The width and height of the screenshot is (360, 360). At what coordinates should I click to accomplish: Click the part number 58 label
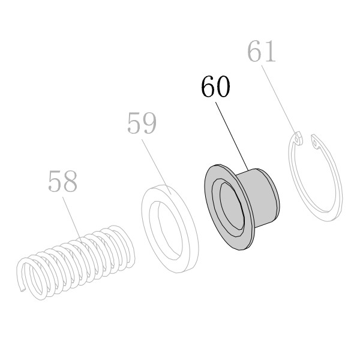click(62, 181)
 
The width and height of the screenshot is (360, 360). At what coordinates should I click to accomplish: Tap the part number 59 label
click(142, 123)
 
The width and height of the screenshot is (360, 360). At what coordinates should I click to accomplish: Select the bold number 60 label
click(215, 86)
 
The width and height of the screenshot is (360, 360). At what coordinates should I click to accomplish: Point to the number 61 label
click(261, 51)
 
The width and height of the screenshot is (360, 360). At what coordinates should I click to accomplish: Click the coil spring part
click(76, 262)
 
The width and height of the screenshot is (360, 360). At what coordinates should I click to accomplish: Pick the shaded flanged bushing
click(241, 206)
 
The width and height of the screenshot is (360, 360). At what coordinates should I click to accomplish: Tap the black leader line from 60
click(232, 136)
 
